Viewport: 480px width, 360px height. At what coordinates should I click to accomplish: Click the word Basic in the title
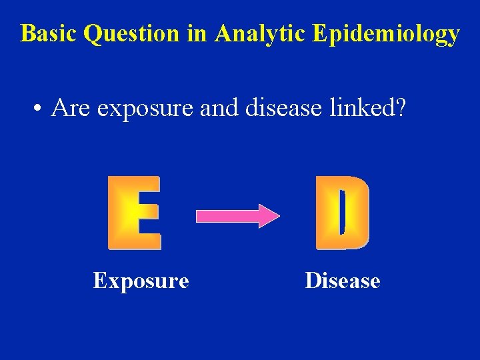coord(49,33)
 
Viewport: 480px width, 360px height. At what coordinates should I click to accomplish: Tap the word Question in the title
coord(132,33)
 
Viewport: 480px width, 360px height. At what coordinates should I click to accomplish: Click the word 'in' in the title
coord(197,33)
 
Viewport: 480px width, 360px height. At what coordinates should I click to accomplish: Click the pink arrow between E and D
coord(233,216)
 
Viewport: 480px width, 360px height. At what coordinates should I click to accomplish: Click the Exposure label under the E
coord(141,281)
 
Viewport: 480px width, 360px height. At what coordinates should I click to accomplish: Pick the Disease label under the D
coord(342,281)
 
